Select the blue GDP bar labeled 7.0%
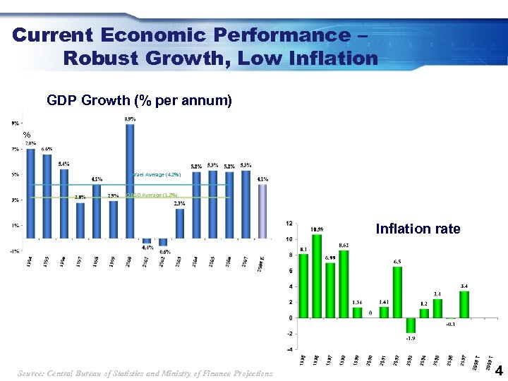point(30,193)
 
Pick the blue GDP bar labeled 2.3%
point(179,223)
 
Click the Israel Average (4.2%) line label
point(158,174)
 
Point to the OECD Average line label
point(152,195)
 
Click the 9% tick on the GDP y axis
point(15,123)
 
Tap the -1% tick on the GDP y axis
point(15,251)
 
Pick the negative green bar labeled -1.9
point(411,325)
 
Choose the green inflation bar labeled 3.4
point(464,304)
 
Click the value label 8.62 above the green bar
point(344,246)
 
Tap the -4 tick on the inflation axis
point(290,349)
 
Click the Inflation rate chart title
point(418,229)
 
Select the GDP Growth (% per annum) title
point(139,100)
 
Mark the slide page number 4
point(498,371)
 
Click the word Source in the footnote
point(33,373)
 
